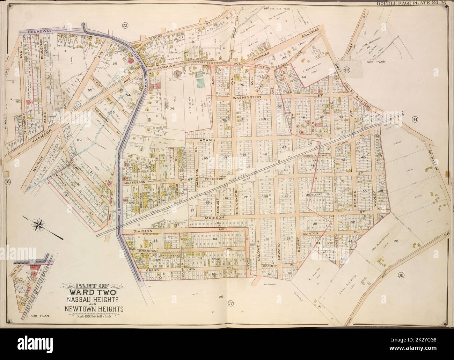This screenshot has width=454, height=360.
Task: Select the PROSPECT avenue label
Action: (x=148, y=251)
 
